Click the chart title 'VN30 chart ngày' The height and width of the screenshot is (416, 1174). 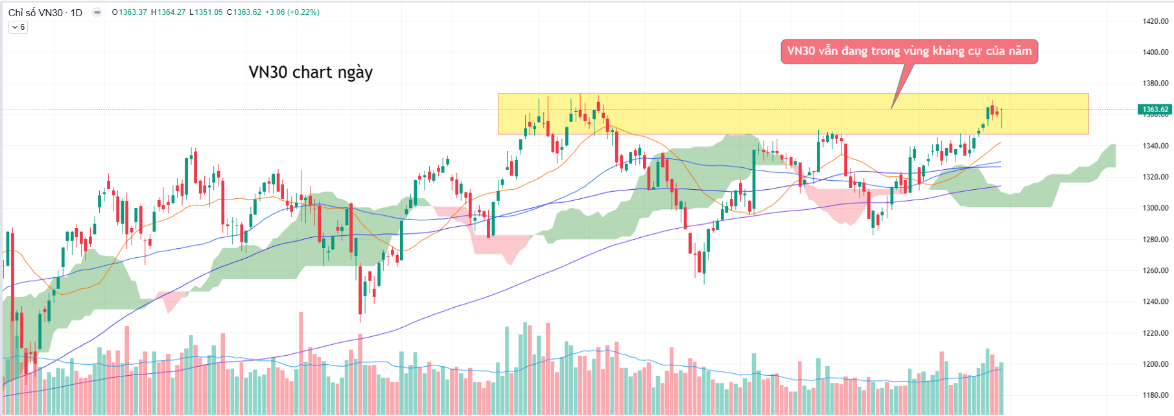pos(311,72)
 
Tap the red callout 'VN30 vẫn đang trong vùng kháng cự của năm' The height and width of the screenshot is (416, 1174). pos(909,51)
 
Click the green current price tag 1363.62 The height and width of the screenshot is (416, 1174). pos(1155,110)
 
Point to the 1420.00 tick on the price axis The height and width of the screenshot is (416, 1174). pos(1155,21)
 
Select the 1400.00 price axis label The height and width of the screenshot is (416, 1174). pos(1155,52)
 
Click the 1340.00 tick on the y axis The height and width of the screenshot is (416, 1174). pos(1155,146)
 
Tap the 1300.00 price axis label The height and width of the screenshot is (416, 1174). pos(1155,208)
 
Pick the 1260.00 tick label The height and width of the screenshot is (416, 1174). pos(1155,270)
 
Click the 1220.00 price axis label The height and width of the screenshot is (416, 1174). pos(1155,333)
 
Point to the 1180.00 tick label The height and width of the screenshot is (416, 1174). pos(1155,395)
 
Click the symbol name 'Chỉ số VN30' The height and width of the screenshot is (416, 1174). pos(36,12)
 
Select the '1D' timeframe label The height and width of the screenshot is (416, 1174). pos(76,12)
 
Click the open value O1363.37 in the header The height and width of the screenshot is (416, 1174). pos(130,12)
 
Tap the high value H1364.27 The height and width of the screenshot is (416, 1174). pos(169,12)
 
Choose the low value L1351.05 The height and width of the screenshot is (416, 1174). pos(206,12)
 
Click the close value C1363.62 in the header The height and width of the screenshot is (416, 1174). pos(244,12)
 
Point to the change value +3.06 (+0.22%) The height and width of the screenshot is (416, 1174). pos(292,12)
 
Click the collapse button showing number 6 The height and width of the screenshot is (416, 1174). pos(18,27)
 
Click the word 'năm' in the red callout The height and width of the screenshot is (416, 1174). pos(1020,51)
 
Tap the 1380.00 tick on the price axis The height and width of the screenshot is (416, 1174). pos(1155,84)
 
